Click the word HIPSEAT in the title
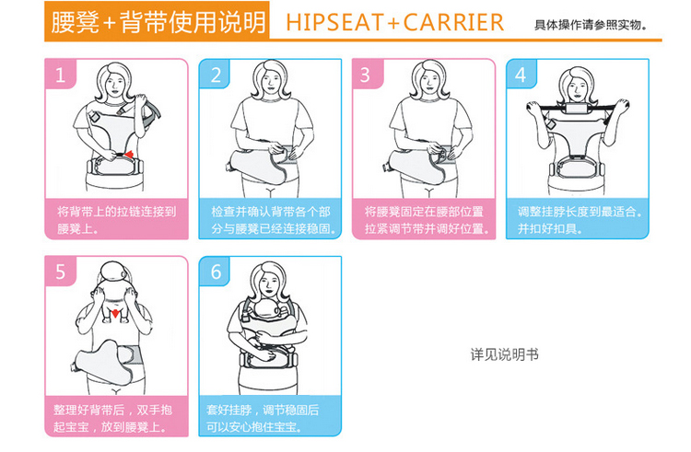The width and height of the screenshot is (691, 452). coord(335,22)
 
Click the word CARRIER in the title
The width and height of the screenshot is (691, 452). coord(453,22)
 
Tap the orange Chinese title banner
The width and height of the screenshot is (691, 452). coord(158,21)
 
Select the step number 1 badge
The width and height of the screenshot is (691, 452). coord(61,74)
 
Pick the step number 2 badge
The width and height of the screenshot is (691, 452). coord(215,74)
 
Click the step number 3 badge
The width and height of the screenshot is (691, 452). coord(368,74)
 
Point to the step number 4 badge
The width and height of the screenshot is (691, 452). coord(521,74)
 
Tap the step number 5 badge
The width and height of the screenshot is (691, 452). coord(61,272)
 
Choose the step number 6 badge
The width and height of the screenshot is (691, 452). coord(215,272)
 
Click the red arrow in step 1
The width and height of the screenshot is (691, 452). coord(128,154)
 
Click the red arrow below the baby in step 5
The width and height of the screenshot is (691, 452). coord(115,313)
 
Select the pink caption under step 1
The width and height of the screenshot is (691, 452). coord(116,219)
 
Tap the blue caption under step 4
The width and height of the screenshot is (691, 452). coord(578,219)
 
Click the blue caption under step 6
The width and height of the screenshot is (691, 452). coord(270,416)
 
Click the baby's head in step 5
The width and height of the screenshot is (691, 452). coord(112,273)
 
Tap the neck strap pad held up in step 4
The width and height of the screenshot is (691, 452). coord(580,109)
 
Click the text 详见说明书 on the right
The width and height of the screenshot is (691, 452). coord(505,354)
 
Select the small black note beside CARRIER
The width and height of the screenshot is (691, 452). coord(591,25)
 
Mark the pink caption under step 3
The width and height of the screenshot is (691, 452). coord(424,219)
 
